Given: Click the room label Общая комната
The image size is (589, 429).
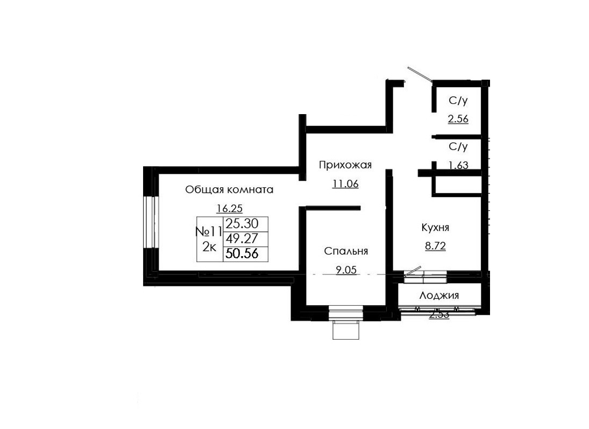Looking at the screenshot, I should point(229,189).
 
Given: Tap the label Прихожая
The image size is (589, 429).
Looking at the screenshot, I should point(345,165).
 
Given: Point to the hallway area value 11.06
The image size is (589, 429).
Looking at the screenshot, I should point(345,184).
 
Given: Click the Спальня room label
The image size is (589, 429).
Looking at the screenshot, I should point(346,251).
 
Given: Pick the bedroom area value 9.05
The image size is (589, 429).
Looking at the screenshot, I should point(346,271).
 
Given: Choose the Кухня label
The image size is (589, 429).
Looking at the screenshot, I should point(435,228).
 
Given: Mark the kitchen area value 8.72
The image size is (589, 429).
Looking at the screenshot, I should point(435,247).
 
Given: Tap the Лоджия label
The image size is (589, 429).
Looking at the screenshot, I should point(439,296).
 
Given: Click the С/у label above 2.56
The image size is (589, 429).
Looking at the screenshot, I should point(458,101).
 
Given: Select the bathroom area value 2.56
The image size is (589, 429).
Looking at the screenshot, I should point(458,119).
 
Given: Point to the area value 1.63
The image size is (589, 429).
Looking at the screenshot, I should point(458,165).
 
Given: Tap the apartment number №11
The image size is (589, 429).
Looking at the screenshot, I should point(209,232).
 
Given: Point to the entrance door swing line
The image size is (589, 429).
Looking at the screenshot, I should point(420,75).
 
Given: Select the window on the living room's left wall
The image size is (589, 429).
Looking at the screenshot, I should point(151,222).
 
